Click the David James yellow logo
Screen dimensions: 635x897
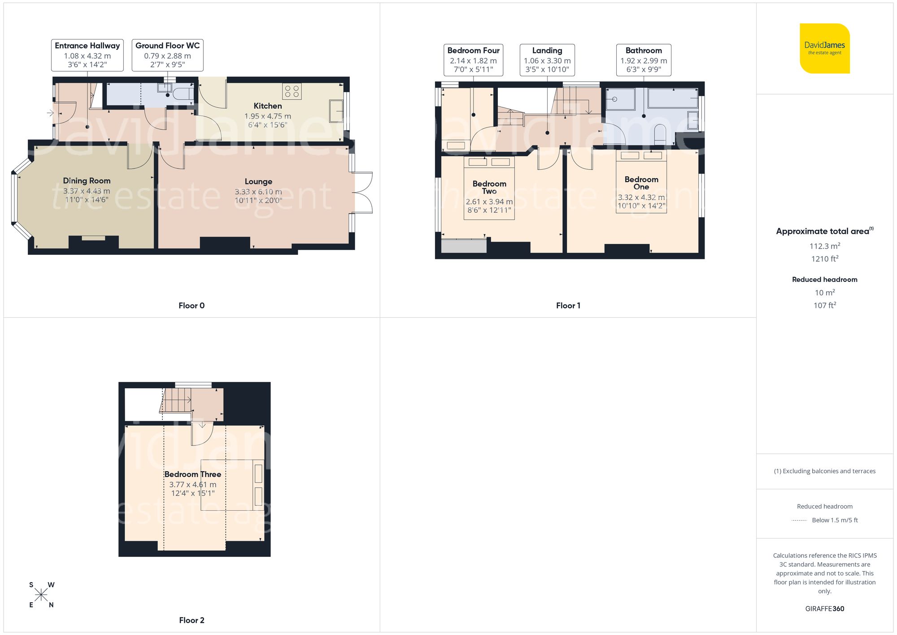pyautogui.click(x=824, y=48)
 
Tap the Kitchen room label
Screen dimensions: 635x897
pyautogui.click(x=268, y=106)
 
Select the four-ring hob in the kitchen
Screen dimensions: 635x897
pyautogui.click(x=292, y=91)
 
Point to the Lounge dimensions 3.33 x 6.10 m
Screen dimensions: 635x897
pyautogui.click(x=258, y=192)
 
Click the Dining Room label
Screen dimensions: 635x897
pyautogui.click(x=87, y=181)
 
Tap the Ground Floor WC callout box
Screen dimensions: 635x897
pyautogui.click(x=167, y=55)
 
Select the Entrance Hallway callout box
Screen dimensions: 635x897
pyautogui.click(x=87, y=55)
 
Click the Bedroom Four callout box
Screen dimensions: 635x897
pyautogui.click(x=473, y=60)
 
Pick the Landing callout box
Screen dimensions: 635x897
pyautogui.click(x=547, y=60)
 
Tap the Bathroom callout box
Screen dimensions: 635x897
pyautogui.click(x=644, y=60)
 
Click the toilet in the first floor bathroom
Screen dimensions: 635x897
pyautogui.click(x=660, y=135)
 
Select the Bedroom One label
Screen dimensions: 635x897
pyautogui.click(x=641, y=183)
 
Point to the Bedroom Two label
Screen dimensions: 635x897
pyautogui.click(x=489, y=187)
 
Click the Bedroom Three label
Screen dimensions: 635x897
pyautogui.click(x=192, y=474)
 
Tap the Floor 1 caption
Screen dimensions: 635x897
pyautogui.click(x=568, y=306)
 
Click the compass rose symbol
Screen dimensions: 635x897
pyautogui.click(x=41, y=595)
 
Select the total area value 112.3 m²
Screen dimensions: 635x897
pyautogui.click(x=824, y=246)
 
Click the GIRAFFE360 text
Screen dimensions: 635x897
pyautogui.click(x=824, y=609)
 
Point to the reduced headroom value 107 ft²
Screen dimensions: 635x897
pyautogui.click(x=824, y=305)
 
